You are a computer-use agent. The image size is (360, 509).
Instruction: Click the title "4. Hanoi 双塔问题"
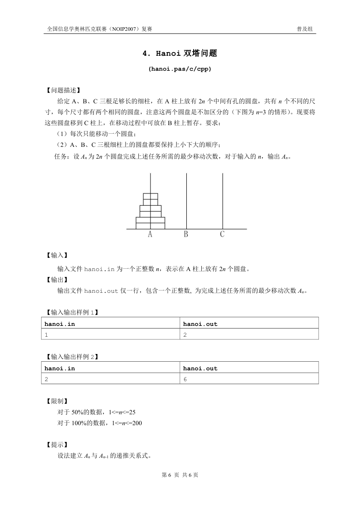click(x=180, y=53)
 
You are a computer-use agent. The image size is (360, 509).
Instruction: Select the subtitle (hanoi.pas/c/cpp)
click(x=180, y=69)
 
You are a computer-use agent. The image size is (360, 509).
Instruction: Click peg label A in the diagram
click(x=150, y=234)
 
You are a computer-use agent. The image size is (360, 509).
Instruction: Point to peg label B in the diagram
click(x=186, y=234)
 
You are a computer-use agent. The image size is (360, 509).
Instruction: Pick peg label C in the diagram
click(x=222, y=234)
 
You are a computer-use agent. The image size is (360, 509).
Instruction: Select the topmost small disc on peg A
click(x=151, y=196)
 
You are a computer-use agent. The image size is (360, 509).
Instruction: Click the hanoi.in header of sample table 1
click(x=59, y=324)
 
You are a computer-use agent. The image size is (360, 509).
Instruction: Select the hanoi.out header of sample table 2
click(x=200, y=368)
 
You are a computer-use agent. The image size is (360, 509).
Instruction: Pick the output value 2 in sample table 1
click(x=185, y=335)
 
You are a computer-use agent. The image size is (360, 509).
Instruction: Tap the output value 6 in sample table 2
click(x=185, y=380)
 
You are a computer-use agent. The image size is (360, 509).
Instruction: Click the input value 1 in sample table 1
click(x=46, y=335)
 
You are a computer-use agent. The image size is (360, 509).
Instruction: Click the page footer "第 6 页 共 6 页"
click(x=180, y=475)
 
